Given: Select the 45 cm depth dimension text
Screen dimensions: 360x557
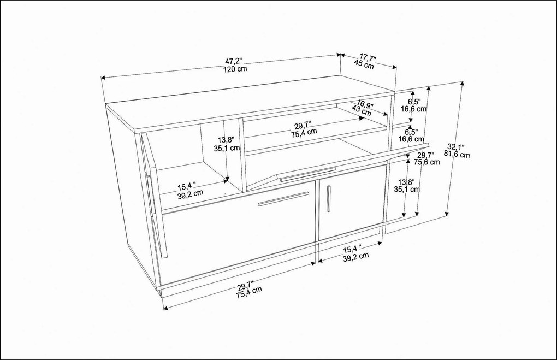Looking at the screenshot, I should click(x=364, y=65).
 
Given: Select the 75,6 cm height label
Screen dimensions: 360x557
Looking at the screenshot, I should click(x=426, y=162).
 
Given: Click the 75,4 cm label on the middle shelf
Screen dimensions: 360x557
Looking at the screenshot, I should click(x=303, y=132).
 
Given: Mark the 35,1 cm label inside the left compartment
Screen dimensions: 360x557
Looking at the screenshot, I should click(x=227, y=147).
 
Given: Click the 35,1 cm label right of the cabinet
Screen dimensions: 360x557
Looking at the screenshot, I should click(x=407, y=190).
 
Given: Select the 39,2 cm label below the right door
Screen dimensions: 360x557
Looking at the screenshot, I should click(x=355, y=256).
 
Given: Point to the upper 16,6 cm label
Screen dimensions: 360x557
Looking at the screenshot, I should click(x=413, y=109).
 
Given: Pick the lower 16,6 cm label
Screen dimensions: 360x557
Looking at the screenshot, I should click(x=410, y=139).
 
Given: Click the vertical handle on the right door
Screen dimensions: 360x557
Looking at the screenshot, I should click(x=329, y=198).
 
